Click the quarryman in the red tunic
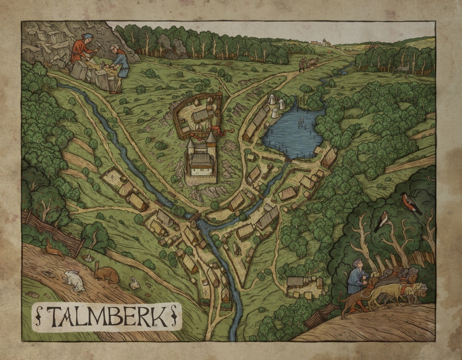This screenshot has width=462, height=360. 81,48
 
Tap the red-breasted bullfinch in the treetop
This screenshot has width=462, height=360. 411,202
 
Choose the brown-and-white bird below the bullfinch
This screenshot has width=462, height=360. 382,221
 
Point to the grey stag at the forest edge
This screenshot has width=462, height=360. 402,67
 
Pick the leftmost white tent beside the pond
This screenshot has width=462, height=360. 272,99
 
